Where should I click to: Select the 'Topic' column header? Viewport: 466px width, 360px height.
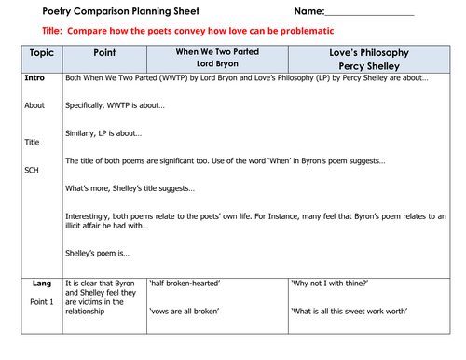(x=42, y=53)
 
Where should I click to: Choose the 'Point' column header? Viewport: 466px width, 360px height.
(x=104, y=53)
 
